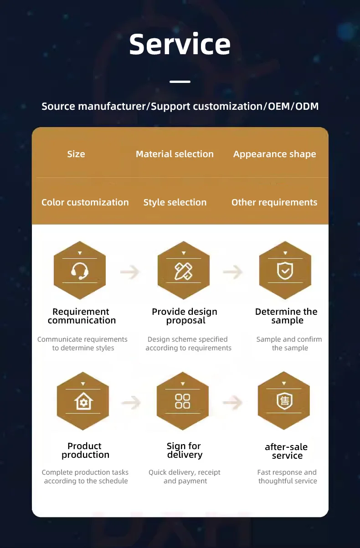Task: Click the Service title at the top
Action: click(x=180, y=44)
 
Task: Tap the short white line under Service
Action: click(x=180, y=82)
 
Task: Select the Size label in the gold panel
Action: click(x=76, y=154)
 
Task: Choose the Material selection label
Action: click(x=175, y=154)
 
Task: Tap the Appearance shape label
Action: click(x=274, y=154)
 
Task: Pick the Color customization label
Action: click(x=85, y=202)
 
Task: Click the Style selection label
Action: click(x=175, y=202)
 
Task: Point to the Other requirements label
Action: click(x=274, y=202)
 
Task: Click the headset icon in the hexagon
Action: click(x=80, y=271)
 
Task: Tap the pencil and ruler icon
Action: click(x=184, y=271)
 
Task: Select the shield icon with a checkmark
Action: click(x=285, y=271)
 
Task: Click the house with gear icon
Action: click(x=83, y=402)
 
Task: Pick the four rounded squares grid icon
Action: click(x=183, y=401)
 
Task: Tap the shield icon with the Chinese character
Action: click(x=284, y=401)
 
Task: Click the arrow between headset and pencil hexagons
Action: click(x=130, y=272)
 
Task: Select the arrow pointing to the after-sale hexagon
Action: click(x=232, y=402)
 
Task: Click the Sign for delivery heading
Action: click(x=184, y=450)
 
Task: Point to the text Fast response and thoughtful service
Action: click(x=287, y=476)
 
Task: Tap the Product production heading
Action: click(x=85, y=450)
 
